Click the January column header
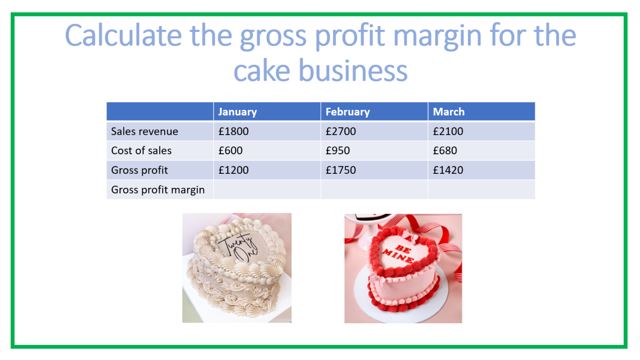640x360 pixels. click(x=237, y=112)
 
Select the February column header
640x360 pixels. click(x=348, y=112)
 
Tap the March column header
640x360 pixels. click(x=449, y=112)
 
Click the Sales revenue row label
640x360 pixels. click(x=144, y=131)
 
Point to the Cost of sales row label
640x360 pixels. click(x=141, y=150)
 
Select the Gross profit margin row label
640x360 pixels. click(x=158, y=190)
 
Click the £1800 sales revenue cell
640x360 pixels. click(x=233, y=131)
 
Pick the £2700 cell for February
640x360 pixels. click(x=341, y=131)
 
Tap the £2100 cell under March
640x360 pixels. click(x=448, y=131)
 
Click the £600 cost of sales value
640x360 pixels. click(x=230, y=150)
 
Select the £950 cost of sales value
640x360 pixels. click(x=338, y=150)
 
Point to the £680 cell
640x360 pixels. click(x=445, y=150)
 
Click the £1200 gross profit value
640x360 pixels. click(x=233, y=170)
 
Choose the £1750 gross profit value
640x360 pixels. click(x=341, y=170)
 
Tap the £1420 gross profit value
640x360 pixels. click(x=448, y=170)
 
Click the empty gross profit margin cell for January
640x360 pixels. click(x=267, y=190)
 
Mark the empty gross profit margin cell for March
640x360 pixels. click(x=482, y=190)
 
